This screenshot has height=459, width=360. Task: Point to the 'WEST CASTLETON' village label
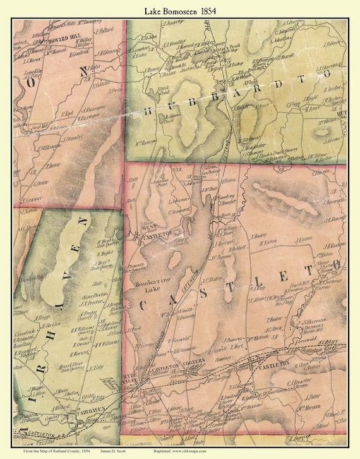click(x=157, y=231)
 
